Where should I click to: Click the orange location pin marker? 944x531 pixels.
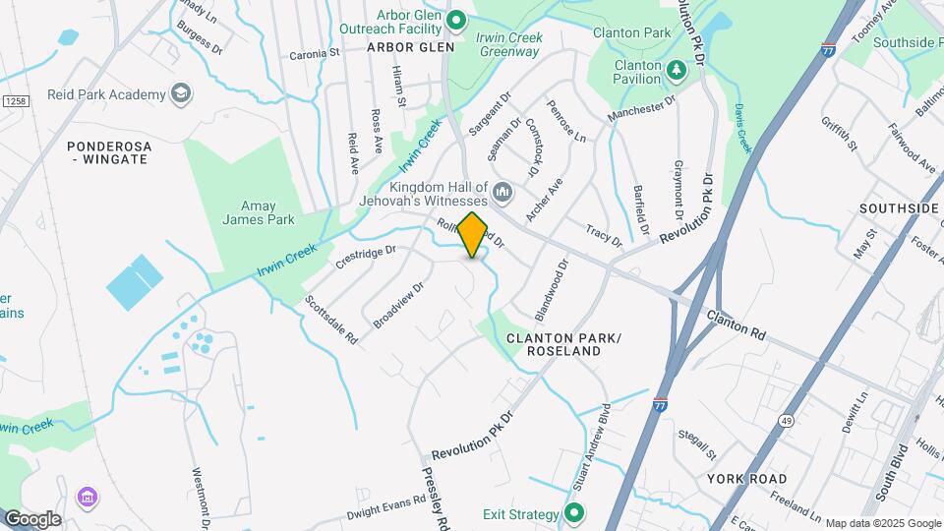coord(473,234)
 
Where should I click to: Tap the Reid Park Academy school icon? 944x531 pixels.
coord(180,93)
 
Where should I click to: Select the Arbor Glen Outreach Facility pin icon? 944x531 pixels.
coord(455,20)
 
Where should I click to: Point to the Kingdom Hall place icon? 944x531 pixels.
coord(502,190)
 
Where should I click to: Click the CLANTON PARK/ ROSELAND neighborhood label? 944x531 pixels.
coord(563,344)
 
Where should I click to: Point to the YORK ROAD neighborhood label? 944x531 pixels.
coord(746,479)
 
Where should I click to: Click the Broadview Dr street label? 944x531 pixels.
coord(398,305)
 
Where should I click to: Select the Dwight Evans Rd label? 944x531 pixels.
coord(385,507)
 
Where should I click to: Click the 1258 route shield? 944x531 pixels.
coord(15,101)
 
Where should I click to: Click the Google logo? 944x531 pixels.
coord(31,518)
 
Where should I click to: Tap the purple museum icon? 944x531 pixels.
coord(88,498)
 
